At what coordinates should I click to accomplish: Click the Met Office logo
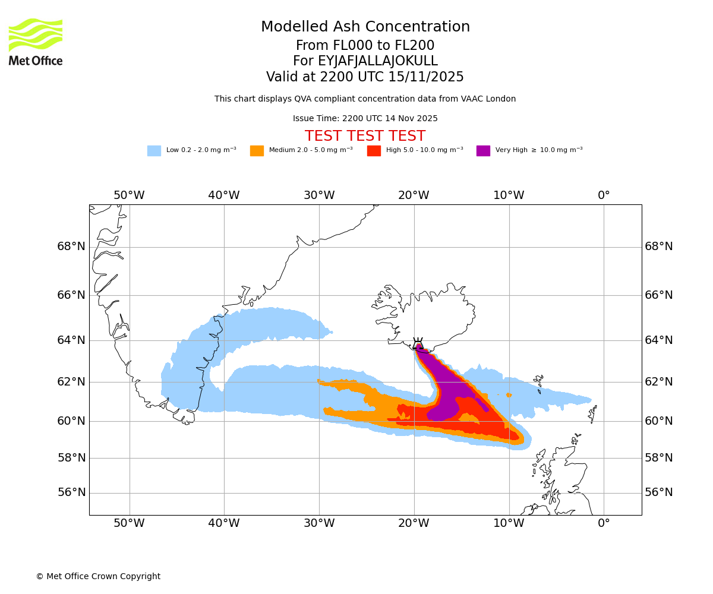(x=36, y=42)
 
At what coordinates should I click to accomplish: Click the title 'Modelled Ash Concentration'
(x=365, y=27)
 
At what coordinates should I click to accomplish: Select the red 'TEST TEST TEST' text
(x=365, y=136)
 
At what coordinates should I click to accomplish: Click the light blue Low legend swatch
(x=154, y=150)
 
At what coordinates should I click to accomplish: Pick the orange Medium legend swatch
(x=257, y=150)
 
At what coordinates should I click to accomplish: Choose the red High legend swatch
(x=374, y=150)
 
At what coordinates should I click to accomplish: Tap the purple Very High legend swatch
(x=483, y=150)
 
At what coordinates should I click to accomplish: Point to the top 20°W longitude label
(x=414, y=195)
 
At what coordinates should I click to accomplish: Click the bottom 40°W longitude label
(x=224, y=523)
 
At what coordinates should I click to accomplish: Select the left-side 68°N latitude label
(x=71, y=247)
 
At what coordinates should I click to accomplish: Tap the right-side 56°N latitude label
(x=659, y=492)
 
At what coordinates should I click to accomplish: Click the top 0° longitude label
(x=604, y=195)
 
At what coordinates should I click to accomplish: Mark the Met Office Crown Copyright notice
(x=98, y=576)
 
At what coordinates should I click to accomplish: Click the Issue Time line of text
(x=365, y=118)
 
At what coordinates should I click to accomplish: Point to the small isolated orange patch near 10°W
(x=509, y=395)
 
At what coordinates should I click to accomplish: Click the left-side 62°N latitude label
(x=71, y=382)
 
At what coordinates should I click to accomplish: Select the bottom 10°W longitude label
(x=509, y=523)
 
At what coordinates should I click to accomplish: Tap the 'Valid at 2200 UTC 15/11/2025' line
(x=365, y=77)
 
